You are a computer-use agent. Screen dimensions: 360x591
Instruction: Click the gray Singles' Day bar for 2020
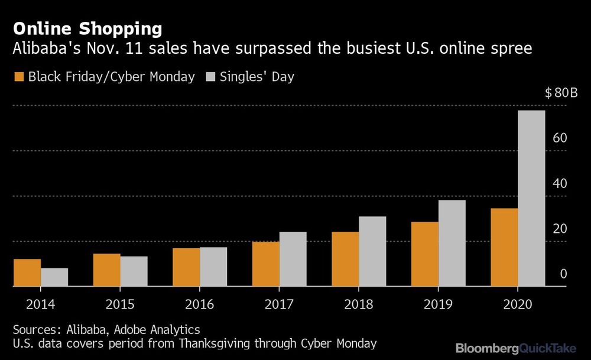531,198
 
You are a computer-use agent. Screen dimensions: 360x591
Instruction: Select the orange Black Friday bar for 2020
504,247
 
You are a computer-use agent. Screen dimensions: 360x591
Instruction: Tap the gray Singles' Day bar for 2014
54,277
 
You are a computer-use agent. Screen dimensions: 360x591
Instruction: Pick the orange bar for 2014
27,273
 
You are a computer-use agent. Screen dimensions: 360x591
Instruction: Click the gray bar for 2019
452,243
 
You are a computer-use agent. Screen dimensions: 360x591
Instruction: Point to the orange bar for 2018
345,259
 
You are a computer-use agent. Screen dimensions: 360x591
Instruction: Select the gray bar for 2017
293,259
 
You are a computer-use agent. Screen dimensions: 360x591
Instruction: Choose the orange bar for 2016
186,267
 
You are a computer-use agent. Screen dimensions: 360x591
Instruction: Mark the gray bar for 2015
134,271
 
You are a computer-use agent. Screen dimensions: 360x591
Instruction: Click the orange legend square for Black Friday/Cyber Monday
18,77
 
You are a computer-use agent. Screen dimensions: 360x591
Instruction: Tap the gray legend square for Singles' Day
210,77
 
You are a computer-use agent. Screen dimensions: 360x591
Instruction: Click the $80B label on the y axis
556,93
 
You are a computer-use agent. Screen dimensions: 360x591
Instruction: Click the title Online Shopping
87,28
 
